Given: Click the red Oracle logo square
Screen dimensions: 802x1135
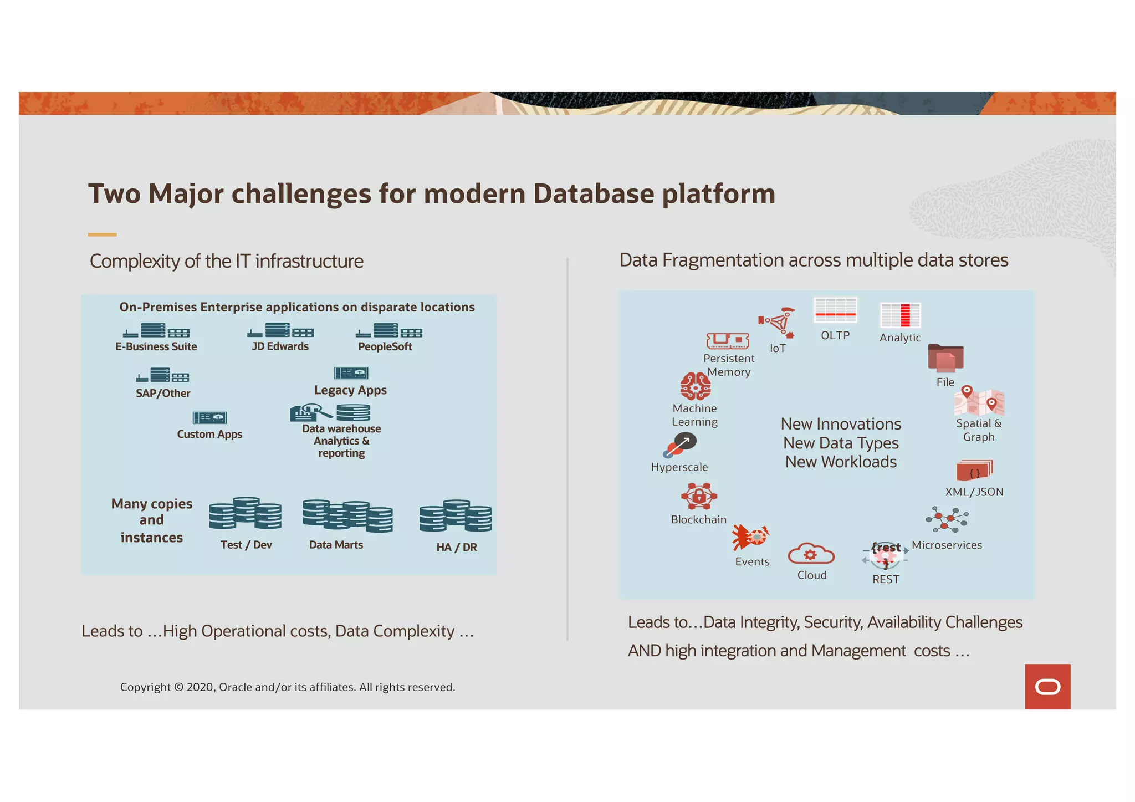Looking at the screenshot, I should pos(1047,686).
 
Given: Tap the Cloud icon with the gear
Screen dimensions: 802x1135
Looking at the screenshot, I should pos(811,554).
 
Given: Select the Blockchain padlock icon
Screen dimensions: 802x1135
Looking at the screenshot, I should pos(699,496).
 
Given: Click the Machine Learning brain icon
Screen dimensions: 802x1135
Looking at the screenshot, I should pos(695,386).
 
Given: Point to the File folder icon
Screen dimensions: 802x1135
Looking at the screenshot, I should pos(945,358).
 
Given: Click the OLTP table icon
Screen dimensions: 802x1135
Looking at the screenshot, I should pos(835,310).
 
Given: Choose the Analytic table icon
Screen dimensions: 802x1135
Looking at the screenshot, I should pos(900,315).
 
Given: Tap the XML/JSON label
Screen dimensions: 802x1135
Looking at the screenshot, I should pos(974,492).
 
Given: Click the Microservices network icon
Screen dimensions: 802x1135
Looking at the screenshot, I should pos(947,520).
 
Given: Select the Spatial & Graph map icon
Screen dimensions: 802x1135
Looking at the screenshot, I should pos(979,402).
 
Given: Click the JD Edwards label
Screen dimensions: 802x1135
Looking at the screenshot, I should pos(280,346).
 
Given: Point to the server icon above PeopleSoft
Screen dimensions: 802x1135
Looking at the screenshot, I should pos(388,331).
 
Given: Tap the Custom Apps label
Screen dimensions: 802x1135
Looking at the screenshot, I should pos(209,434).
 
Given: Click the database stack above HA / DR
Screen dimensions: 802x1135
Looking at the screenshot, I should pos(456,516).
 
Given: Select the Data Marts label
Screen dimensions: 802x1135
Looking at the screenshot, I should pos(336,545).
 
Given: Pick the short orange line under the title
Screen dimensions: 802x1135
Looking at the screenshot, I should pos(102,235).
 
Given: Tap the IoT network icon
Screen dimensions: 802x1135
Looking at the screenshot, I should pos(777,323).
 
